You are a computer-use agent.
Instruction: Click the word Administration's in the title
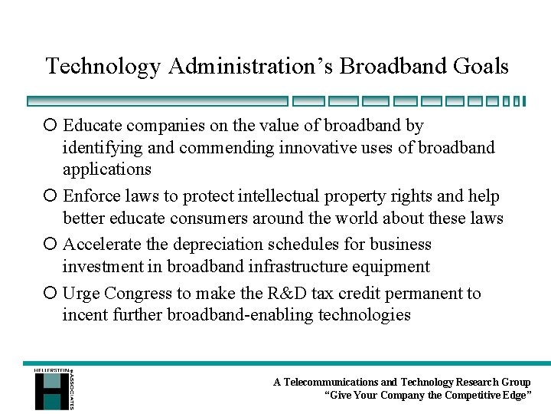[251, 67]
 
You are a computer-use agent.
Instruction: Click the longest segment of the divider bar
[157, 100]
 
